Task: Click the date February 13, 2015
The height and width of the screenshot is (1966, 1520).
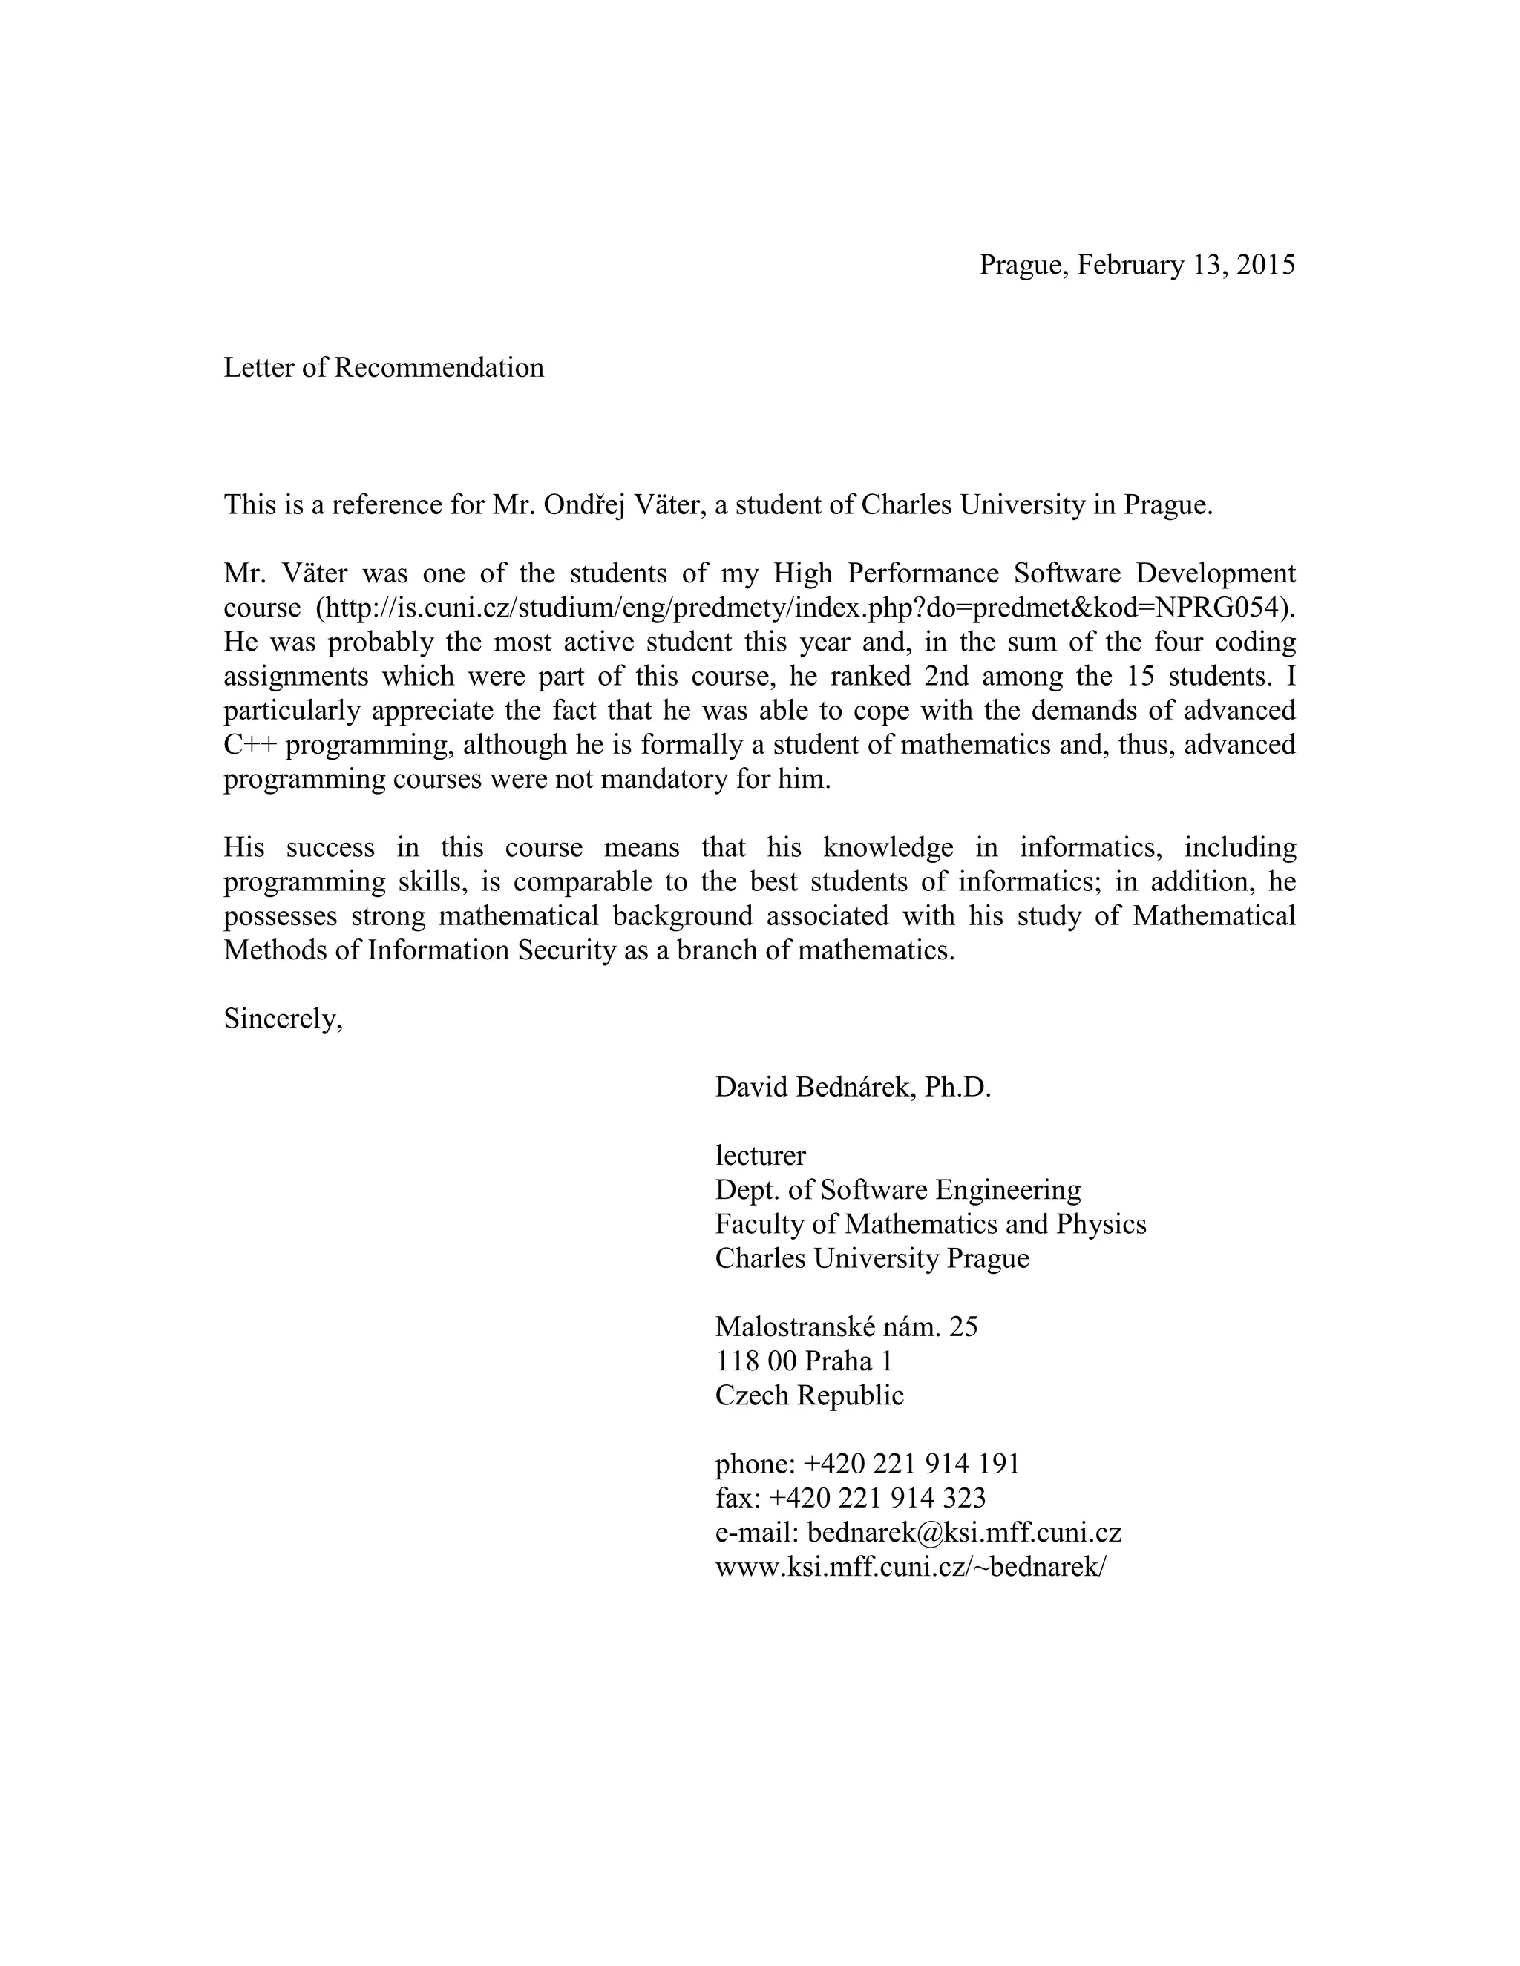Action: [x=1186, y=266]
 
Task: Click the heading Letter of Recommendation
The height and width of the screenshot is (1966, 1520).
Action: [x=384, y=368]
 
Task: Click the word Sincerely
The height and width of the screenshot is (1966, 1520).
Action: [x=283, y=1020]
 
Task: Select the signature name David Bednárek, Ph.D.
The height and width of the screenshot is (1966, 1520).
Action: [x=853, y=1088]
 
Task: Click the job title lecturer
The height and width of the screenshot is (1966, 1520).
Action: [x=760, y=1156]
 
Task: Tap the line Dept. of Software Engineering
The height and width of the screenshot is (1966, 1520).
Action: [x=898, y=1190]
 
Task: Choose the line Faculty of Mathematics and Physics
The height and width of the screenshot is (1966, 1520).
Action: [x=930, y=1225]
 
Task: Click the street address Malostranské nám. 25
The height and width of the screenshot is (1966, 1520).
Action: [x=845, y=1327]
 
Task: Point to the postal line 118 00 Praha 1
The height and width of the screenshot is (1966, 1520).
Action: [x=803, y=1361]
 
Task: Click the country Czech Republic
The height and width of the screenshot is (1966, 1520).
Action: [x=809, y=1396]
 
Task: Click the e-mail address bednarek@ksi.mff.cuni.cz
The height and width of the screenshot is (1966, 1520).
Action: [x=963, y=1533]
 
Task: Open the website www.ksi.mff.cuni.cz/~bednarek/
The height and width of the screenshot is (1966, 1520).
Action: [x=909, y=1567]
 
